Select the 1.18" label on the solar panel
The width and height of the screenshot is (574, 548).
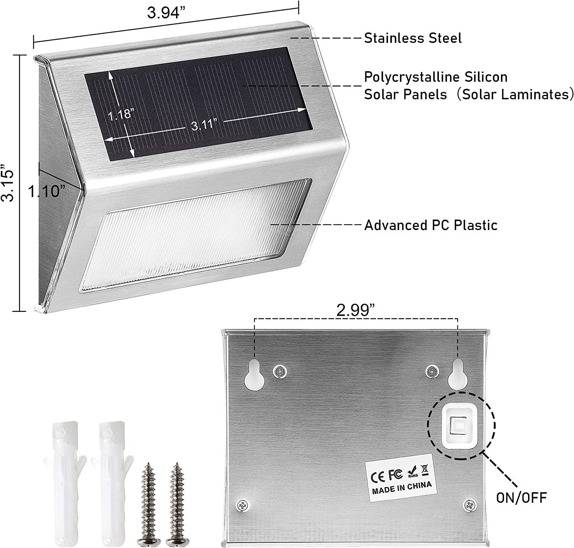click(120, 115)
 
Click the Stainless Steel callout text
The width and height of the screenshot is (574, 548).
click(413, 38)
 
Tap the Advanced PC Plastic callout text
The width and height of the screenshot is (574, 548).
click(430, 225)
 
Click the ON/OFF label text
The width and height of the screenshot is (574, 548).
click(521, 497)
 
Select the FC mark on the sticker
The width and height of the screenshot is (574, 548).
click(396, 474)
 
